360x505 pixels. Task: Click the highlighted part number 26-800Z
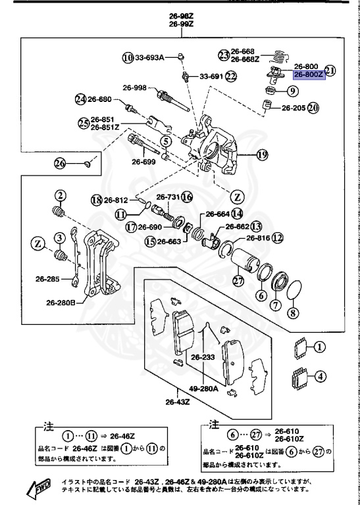(309, 75)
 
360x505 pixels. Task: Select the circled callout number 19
(263, 156)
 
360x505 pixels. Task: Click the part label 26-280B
(61, 303)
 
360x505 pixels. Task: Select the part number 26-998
(134, 87)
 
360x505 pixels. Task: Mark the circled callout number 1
(319, 346)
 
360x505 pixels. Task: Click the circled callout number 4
(319, 377)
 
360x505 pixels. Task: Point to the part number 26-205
(294, 107)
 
